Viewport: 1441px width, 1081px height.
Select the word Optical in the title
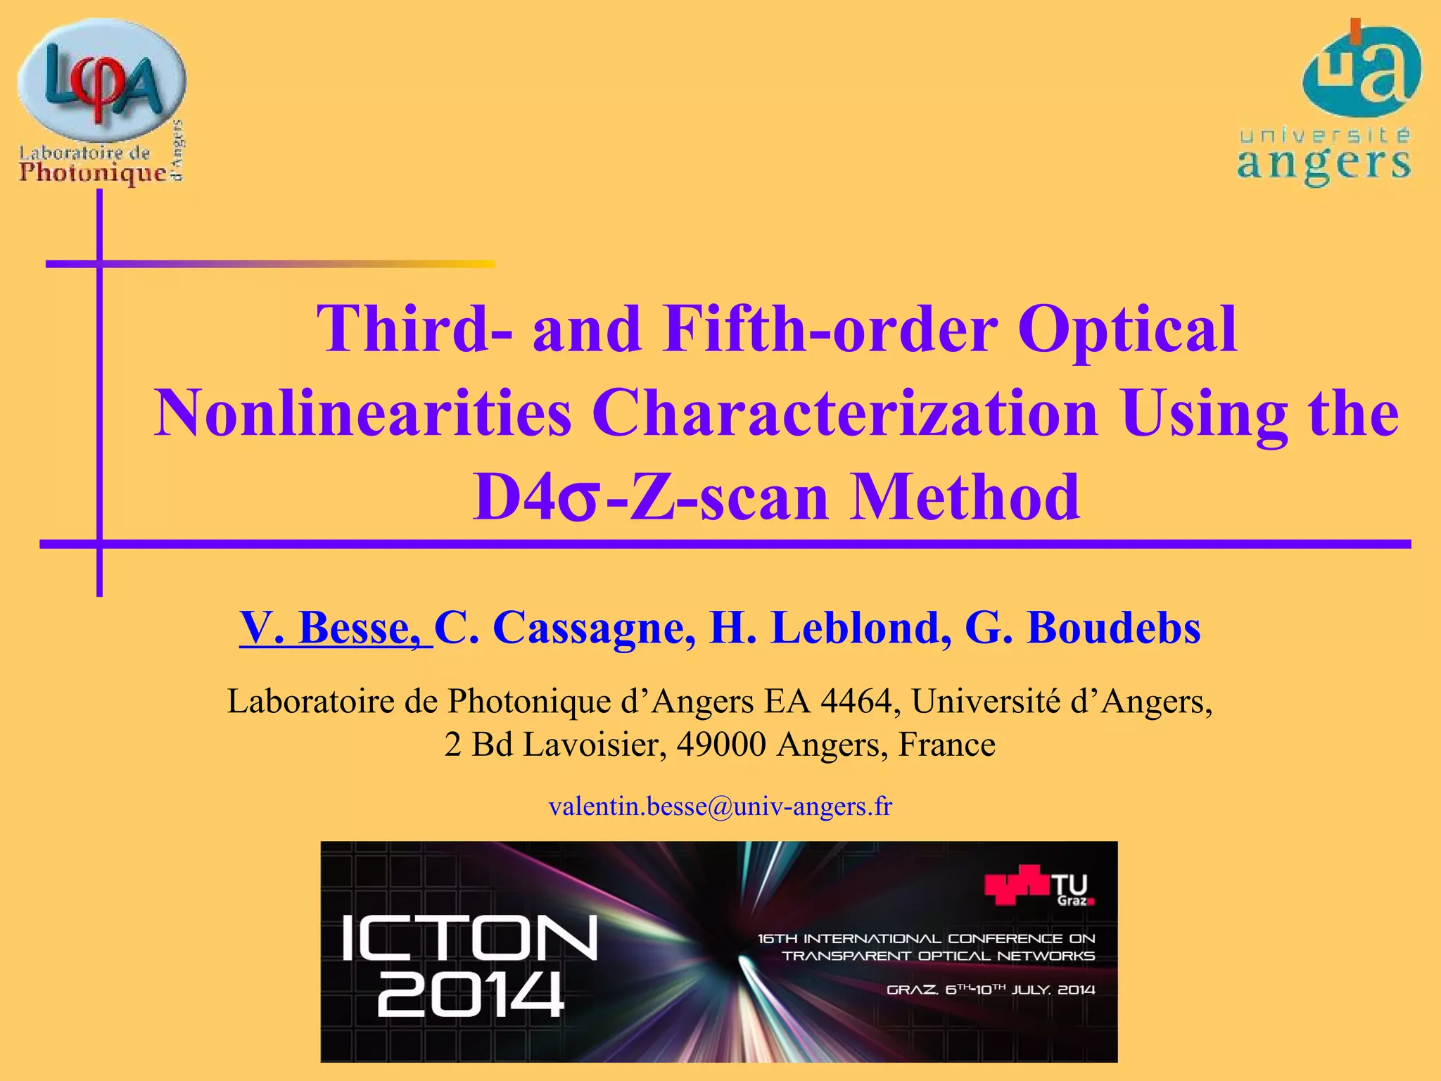coord(1127,329)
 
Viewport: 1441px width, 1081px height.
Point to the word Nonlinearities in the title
coord(362,413)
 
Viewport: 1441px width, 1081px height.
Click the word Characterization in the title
coord(845,413)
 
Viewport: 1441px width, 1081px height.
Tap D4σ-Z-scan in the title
coord(650,498)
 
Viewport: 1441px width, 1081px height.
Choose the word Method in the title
coord(965,498)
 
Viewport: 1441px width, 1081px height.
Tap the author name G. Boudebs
coord(1083,627)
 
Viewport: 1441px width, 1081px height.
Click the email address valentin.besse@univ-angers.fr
coord(720,806)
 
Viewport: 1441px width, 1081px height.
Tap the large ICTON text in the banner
coord(470,937)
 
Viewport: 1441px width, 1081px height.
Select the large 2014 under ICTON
coord(470,994)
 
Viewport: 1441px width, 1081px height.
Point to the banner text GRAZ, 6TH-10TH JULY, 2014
coord(991,990)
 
